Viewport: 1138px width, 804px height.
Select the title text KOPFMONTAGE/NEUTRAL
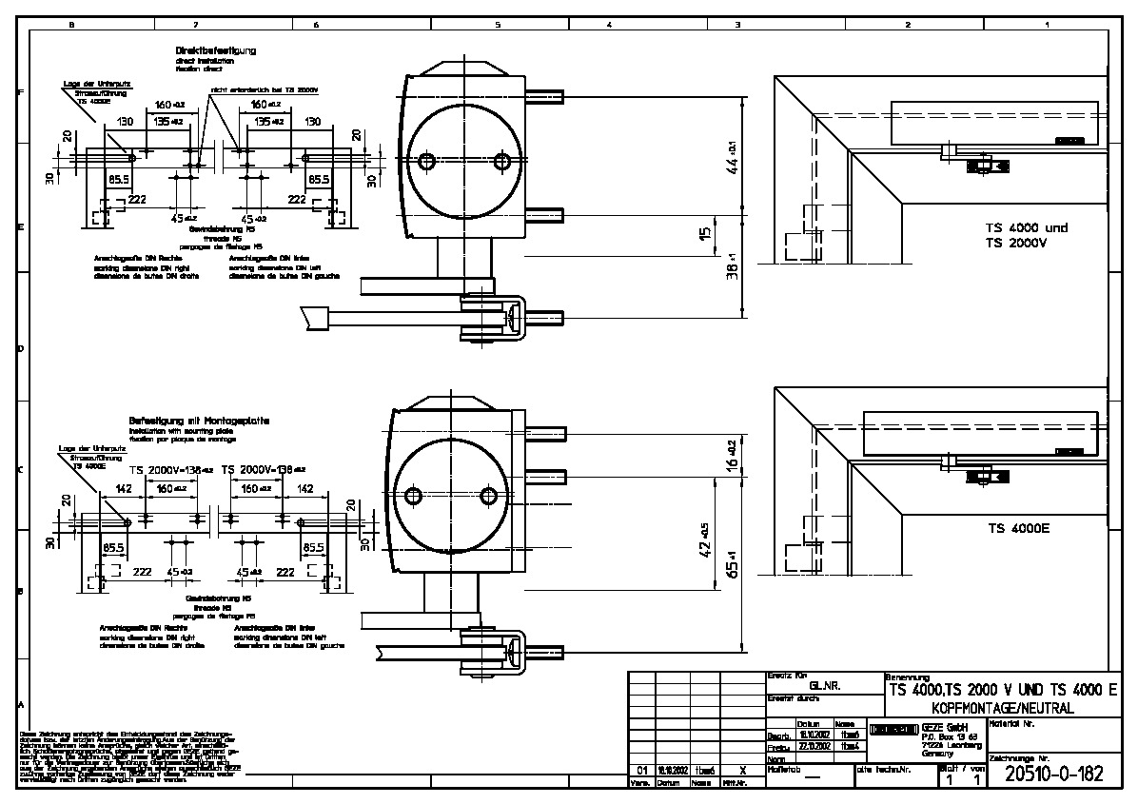pos(994,709)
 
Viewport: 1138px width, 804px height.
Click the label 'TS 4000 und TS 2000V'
pos(1026,235)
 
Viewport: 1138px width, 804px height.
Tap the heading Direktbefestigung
pos(215,49)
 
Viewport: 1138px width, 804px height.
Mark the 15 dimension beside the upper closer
pos(704,233)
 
